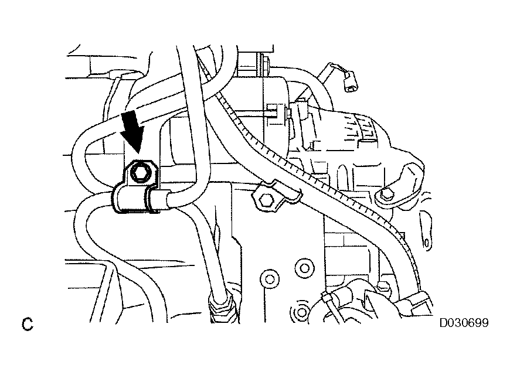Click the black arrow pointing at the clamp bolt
[x=132, y=130]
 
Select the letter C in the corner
[x=28, y=324]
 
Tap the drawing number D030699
[x=464, y=323]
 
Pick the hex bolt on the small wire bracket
[x=266, y=199]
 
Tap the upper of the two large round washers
[x=304, y=268]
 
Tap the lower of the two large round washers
[x=270, y=279]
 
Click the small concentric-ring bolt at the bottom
[x=301, y=312]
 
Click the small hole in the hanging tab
[x=426, y=243]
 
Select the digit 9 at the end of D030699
[x=485, y=323]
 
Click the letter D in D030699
[x=444, y=323]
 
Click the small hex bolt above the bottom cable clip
[x=383, y=286]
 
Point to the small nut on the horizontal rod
[x=288, y=113]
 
